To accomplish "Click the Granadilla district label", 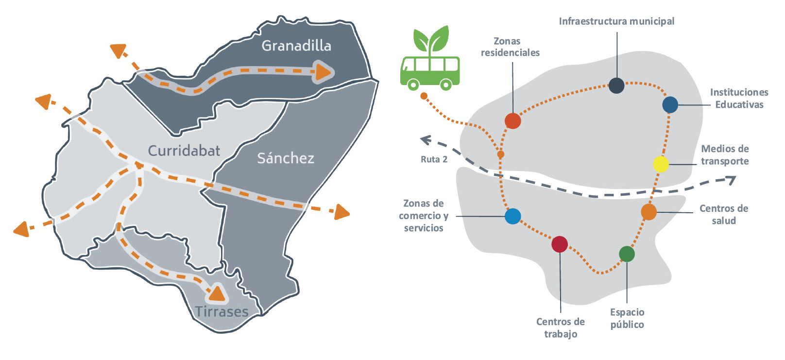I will tap(296, 46).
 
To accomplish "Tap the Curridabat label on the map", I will tap(184, 151).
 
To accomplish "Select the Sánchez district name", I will tap(286, 158).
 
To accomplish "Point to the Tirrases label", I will tap(222, 311).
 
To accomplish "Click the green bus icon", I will tap(430, 73).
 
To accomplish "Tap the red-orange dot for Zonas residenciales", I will tap(513, 121).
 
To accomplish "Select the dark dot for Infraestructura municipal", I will tap(616, 86).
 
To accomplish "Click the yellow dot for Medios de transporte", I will tap(661, 164).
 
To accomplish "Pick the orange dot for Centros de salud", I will tap(648, 212).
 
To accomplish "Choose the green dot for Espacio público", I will tap(627, 254).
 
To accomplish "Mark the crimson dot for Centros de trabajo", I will tap(560, 244).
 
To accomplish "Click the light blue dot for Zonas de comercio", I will tap(513, 216).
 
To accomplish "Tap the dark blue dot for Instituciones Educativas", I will tap(670, 104).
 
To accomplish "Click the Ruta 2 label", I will tap(434, 159).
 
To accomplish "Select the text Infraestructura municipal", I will tap(616, 21).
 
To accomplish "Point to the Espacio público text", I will tap(627, 318).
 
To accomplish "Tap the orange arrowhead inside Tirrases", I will tap(217, 293).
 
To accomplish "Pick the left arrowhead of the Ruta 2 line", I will tap(426, 140).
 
